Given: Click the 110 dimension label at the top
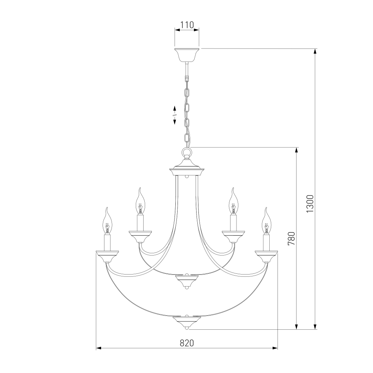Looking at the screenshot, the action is click(187, 25).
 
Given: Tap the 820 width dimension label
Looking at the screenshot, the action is click(187, 343).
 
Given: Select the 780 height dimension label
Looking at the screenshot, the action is click(291, 239).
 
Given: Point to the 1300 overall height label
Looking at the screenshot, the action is click(310, 204).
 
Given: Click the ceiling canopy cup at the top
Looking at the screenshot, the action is click(187, 55).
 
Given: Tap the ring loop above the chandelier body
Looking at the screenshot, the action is click(187, 151).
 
